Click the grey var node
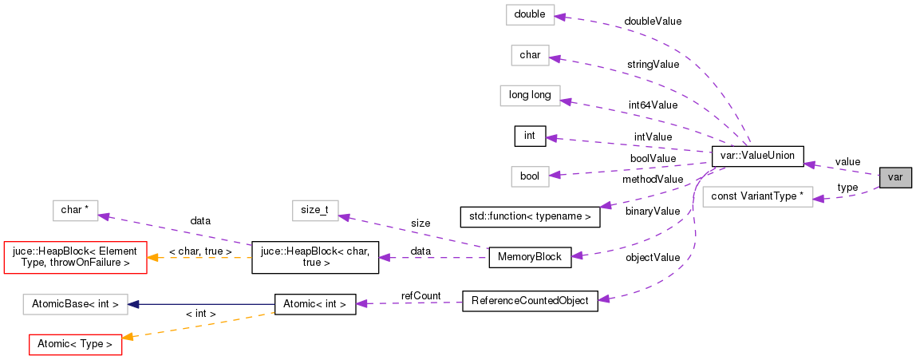(894, 177)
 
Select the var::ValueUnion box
(757, 156)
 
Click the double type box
(530, 14)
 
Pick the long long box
(530, 96)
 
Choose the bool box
(530, 176)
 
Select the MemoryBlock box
(530, 257)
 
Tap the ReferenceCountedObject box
(530, 301)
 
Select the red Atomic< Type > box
(75, 345)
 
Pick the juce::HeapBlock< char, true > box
(314, 258)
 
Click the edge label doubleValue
(653, 22)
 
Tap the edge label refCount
(420, 296)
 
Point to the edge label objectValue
(653, 258)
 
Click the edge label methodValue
(653, 180)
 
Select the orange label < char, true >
(200, 252)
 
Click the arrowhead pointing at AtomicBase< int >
(133, 304)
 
